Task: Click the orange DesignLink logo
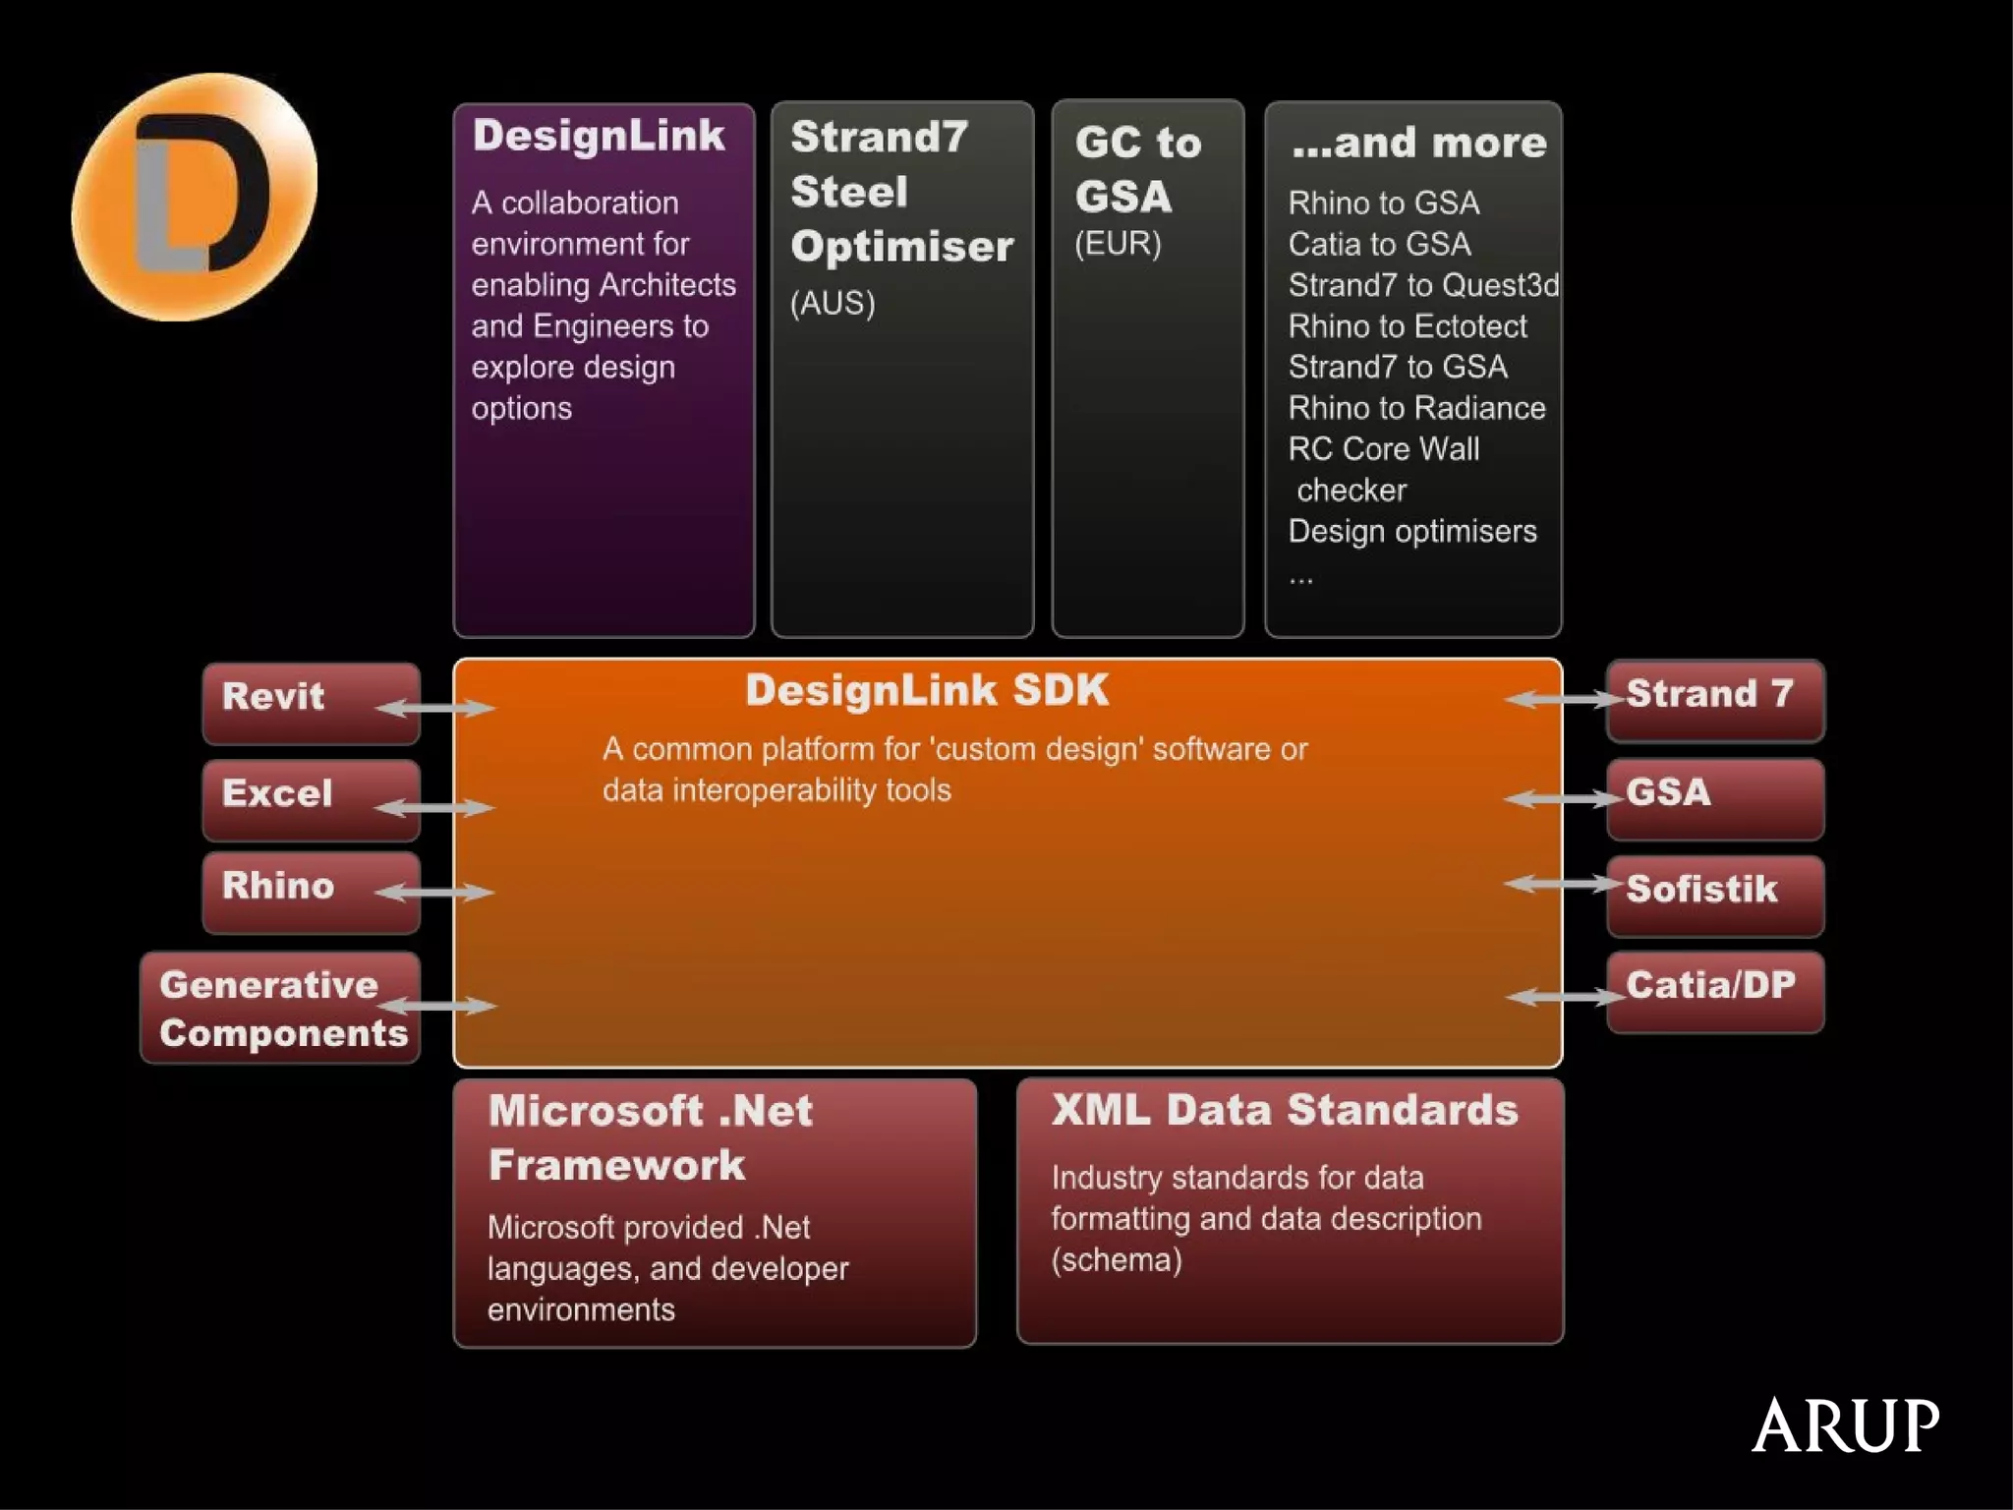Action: (195, 197)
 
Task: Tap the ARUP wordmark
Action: (1845, 1425)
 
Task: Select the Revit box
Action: (311, 702)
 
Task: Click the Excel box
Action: (311, 798)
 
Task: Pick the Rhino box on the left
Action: (311, 892)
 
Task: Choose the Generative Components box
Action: (281, 1008)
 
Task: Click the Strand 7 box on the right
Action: (1715, 699)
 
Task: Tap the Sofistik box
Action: (1715, 894)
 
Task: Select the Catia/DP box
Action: (1715, 991)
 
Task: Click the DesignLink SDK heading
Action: (926, 690)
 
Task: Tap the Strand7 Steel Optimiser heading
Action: (900, 192)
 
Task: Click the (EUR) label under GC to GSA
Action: (1118, 243)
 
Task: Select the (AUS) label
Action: (832, 303)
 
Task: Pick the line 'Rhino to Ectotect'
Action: (1408, 325)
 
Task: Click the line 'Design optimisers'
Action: (1412, 531)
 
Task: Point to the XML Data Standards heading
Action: (1284, 1110)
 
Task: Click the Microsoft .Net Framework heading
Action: (651, 1137)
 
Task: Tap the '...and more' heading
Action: (1418, 144)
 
